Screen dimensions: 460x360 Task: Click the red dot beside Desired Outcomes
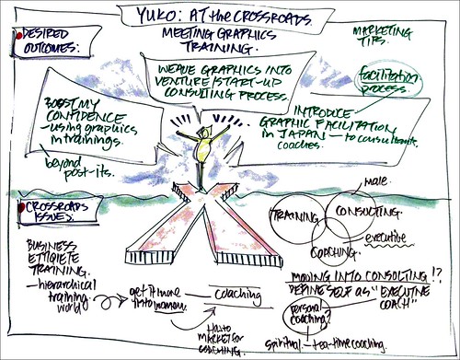point(10,35)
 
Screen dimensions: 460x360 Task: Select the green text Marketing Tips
point(378,38)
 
